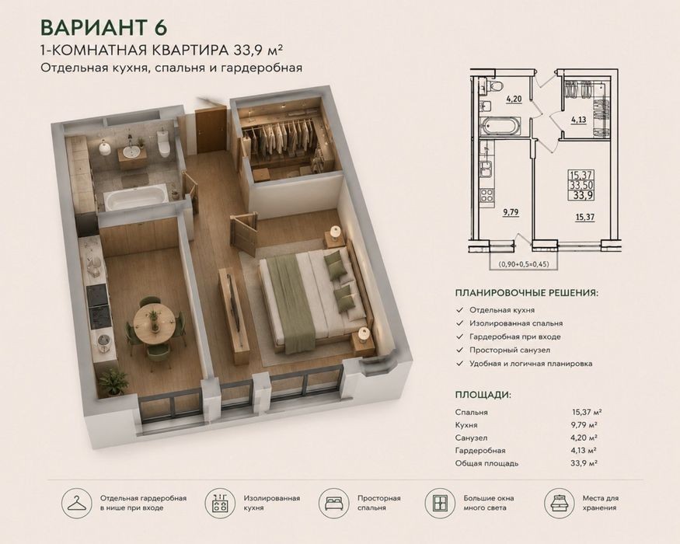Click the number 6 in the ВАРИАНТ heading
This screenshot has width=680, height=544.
(159, 28)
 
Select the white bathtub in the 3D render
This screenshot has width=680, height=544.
(136, 198)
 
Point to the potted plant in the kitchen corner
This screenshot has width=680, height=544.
(113, 381)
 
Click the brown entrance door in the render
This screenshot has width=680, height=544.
(211, 130)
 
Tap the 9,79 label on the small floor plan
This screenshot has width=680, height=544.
(511, 212)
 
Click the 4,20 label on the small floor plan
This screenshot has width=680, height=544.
(514, 99)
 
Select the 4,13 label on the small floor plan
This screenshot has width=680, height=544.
(579, 119)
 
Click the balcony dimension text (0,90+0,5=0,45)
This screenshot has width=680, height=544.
(524, 263)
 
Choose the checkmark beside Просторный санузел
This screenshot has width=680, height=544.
(460, 350)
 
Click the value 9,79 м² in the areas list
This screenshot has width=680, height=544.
(584, 425)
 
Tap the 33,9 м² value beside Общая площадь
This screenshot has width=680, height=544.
(584, 463)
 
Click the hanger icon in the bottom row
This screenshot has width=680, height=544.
(77, 504)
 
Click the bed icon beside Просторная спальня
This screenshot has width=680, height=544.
(334, 504)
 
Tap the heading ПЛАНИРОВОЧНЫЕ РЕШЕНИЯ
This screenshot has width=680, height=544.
(526, 293)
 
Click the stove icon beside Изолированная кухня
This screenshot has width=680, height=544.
(220, 504)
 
